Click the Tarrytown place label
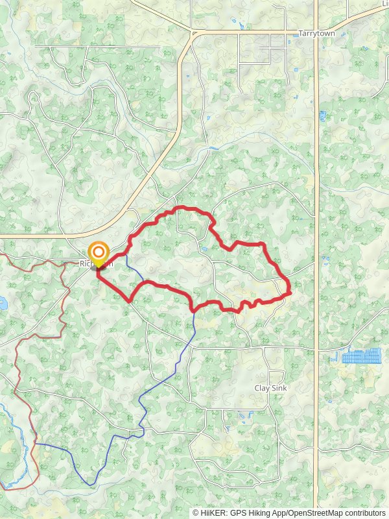coord(314,32)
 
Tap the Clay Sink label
coord(270,388)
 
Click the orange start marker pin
coord(99,254)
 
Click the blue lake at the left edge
coord(2,302)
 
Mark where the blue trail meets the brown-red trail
coord(35,444)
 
